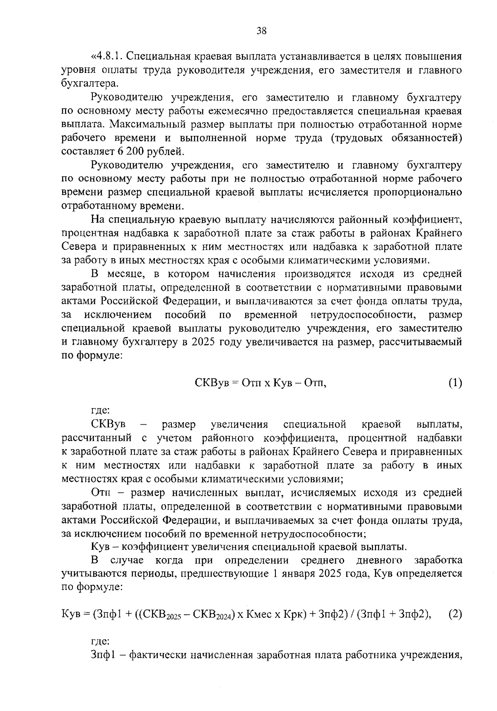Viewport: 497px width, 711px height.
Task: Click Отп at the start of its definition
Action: click(x=99, y=493)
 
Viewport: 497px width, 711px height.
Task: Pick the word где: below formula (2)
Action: click(x=100, y=641)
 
